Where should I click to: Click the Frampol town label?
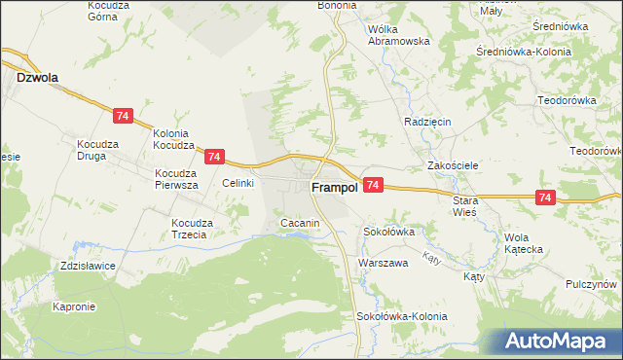[331, 187]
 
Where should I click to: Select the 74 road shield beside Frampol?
[374, 185]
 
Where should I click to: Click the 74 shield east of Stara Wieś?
[545, 198]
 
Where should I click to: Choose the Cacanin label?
[300, 224]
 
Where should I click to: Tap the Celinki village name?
[238, 183]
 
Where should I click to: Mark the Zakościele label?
[453, 165]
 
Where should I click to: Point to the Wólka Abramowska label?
[399, 35]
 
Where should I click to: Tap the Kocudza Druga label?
[97, 150]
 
